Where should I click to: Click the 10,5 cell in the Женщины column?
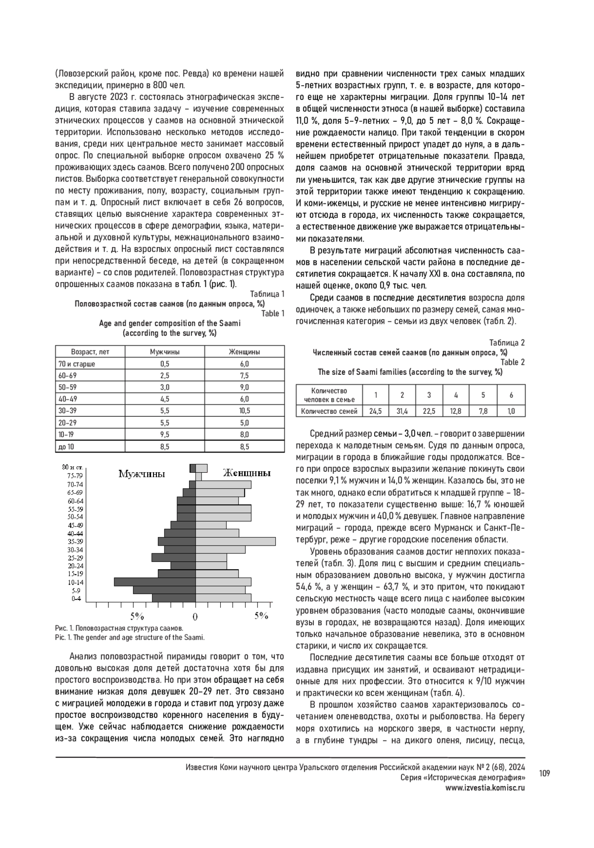(245, 411)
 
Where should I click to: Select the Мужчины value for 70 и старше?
(165, 364)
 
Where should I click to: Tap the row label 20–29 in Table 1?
(68, 423)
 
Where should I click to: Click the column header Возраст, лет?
(90, 352)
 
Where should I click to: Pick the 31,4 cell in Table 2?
(402, 411)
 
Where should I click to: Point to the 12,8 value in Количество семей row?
(456, 411)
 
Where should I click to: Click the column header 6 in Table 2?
(511, 395)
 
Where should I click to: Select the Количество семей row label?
(329, 411)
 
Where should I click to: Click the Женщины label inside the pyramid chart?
(247, 473)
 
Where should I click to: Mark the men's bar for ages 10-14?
(155, 582)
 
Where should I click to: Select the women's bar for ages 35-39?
(235, 542)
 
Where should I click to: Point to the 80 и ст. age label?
(72, 467)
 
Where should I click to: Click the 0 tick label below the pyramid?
(195, 617)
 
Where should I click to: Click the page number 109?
(544, 774)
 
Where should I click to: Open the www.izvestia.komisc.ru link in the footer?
(485, 788)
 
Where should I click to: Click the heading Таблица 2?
(507, 343)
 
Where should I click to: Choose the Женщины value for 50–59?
(245, 387)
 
